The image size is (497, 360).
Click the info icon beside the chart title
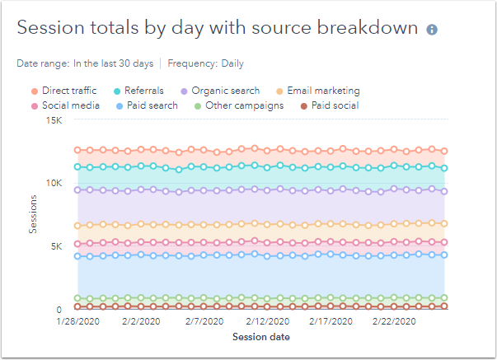click(432, 30)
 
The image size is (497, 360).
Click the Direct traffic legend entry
click(63, 91)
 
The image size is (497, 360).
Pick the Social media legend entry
click(63, 105)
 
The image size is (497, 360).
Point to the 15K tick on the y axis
click(53, 119)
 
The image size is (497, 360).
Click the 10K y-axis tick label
click(53, 182)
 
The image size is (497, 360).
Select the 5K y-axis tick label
click(55, 245)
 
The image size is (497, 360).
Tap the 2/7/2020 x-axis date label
click(203, 321)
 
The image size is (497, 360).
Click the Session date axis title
click(260, 336)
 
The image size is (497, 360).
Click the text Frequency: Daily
click(205, 63)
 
